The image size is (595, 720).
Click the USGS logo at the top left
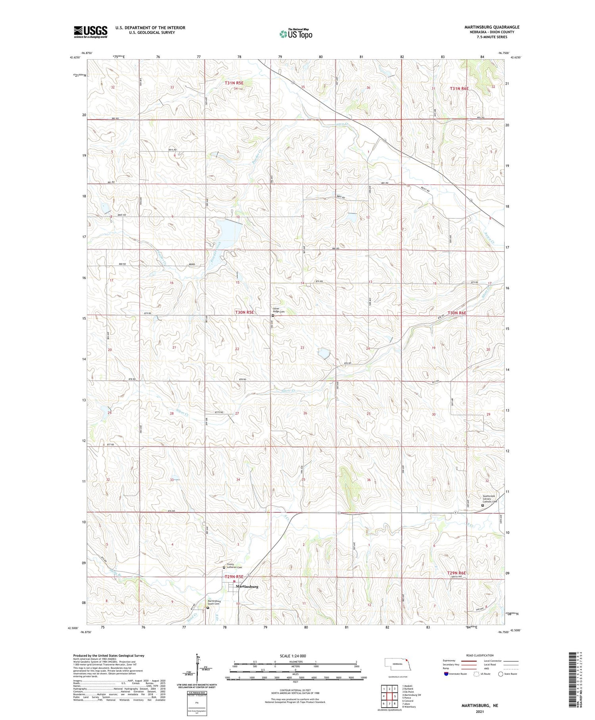(90, 32)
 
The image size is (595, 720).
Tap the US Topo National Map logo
(296, 34)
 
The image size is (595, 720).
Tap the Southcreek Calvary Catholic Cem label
(489, 499)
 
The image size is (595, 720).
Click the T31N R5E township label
(234, 83)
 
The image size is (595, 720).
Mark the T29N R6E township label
(457, 573)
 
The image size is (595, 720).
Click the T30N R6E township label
(457, 313)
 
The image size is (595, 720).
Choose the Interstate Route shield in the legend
(446, 674)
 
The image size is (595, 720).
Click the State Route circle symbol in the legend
(501, 674)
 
